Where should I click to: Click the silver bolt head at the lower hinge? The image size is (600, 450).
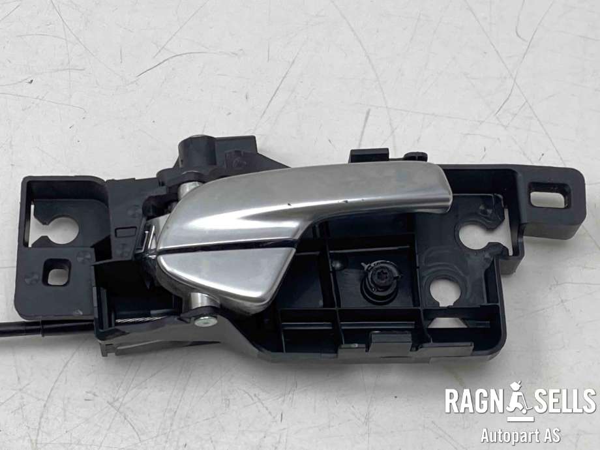pos(206,321)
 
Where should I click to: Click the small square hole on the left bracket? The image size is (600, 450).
pos(57,273)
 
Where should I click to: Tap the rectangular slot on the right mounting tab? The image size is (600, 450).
pos(548,194)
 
